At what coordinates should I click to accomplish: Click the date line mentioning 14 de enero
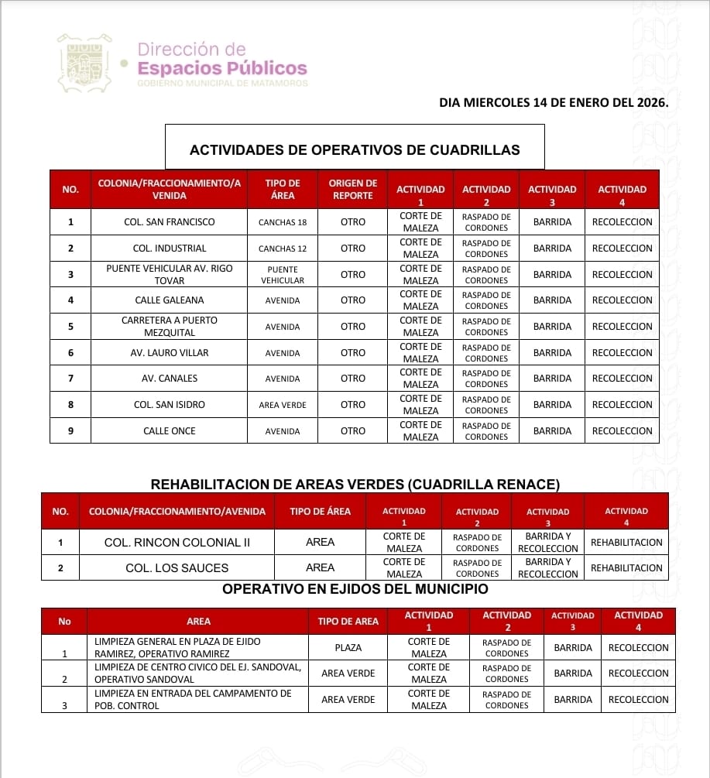(x=553, y=101)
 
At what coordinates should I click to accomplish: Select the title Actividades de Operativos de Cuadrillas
(x=355, y=150)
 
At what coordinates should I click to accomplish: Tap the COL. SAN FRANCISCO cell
(x=169, y=222)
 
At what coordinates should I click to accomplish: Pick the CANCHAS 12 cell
(x=283, y=248)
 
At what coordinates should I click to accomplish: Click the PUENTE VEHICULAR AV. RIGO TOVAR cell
(x=169, y=275)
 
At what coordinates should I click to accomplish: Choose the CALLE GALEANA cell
(x=169, y=300)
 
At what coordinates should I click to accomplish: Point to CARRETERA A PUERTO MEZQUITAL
(x=169, y=327)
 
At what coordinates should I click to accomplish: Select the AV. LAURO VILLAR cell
(x=169, y=353)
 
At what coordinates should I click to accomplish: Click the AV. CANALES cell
(x=169, y=379)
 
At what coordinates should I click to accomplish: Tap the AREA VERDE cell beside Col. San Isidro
(x=283, y=405)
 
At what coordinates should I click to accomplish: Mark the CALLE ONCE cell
(x=169, y=431)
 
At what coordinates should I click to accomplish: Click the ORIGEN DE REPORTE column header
(x=352, y=190)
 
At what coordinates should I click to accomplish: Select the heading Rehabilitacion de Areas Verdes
(x=355, y=485)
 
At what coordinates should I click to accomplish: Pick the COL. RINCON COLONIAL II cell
(x=177, y=543)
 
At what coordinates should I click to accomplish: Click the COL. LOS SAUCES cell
(x=177, y=568)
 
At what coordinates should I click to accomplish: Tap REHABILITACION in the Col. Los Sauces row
(x=626, y=568)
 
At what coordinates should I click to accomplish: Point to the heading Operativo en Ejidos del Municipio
(x=355, y=589)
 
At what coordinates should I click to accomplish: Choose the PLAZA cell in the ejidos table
(x=348, y=648)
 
